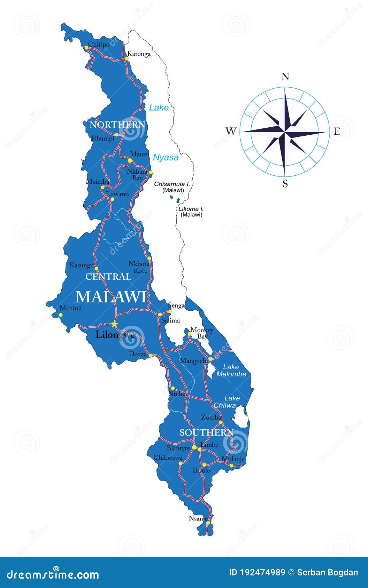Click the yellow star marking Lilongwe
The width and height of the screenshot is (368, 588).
[114, 324]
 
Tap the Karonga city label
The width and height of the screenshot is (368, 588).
[139, 54]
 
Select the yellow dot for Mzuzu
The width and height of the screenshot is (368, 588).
[130, 160]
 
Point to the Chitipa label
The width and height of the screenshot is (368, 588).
[98, 44]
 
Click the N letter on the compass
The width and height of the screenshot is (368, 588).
[285, 77]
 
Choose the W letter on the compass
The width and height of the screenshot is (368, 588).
[231, 131]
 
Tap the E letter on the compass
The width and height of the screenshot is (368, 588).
[337, 132]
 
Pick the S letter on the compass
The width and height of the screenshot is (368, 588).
[285, 184]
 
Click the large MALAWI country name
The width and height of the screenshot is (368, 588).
[111, 297]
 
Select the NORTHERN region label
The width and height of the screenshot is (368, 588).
[117, 125]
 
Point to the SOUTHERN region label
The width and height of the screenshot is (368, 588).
[206, 432]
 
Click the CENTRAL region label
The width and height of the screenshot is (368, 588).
[108, 277]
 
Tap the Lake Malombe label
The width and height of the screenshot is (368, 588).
[231, 371]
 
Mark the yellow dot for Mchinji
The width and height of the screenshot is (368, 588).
[61, 315]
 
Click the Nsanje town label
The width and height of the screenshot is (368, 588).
[198, 518]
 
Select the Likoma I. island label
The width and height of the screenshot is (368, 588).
[191, 209]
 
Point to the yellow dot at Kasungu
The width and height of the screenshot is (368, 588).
[97, 269]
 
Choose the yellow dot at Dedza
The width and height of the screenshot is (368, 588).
[151, 356]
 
